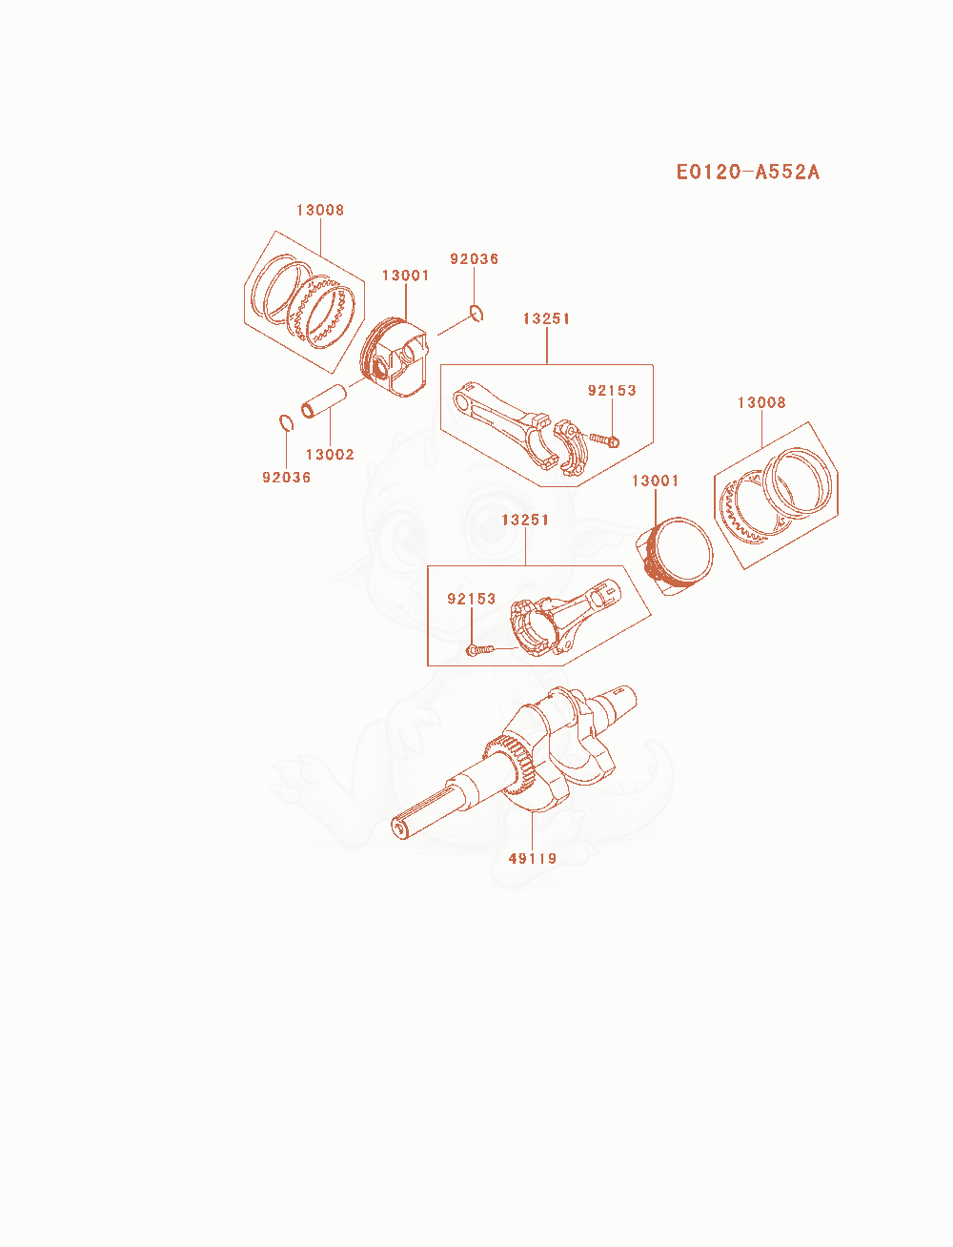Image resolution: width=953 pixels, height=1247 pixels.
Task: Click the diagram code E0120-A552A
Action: [x=747, y=173]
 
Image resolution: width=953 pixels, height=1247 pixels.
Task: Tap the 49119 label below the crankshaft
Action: [x=532, y=858]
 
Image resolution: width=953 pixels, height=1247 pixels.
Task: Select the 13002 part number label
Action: [x=330, y=455]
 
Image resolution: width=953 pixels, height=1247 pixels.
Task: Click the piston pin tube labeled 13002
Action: [x=324, y=401]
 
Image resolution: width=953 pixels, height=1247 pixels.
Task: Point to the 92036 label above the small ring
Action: [x=475, y=259]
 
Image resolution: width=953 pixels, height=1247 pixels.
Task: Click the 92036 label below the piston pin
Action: [x=286, y=478]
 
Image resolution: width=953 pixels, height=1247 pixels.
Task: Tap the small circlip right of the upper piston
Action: [x=477, y=313]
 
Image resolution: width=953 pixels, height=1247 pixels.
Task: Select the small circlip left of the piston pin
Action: [x=286, y=423]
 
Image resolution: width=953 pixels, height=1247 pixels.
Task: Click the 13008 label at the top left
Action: [x=320, y=210]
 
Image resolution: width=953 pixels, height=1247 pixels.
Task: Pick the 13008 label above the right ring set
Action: [x=761, y=402]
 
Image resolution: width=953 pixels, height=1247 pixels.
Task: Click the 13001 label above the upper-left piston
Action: [x=406, y=276]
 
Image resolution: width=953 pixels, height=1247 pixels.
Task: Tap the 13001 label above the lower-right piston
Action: [x=656, y=480]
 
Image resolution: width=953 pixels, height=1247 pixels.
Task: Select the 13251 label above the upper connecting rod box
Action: [x=546, y=318]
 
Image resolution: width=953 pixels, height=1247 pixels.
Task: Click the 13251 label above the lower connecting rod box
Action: [x=525, y=520]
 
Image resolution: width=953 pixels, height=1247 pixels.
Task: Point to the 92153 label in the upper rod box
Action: [x=612, y=390]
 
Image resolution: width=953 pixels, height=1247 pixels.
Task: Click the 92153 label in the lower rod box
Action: [x=472, y=599]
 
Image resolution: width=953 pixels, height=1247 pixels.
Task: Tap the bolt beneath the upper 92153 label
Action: [x=604, y=440]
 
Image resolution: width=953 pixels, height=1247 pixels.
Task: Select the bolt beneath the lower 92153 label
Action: [x=480, y=649]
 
